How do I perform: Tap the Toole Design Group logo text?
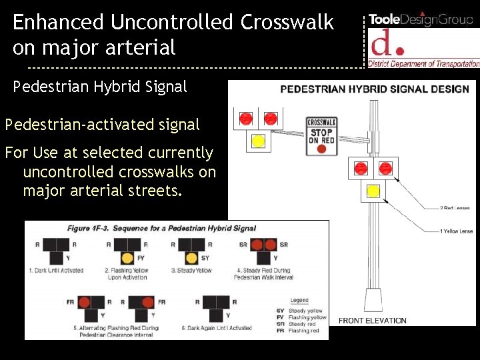coord(421,19)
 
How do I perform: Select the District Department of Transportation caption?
coord(425,64)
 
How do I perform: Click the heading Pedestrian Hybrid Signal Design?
coord(375,89)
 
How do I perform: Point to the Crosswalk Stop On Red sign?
coord(321,136)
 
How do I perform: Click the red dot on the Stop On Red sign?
coord(321,149)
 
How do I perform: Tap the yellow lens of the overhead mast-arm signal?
coord(258,141)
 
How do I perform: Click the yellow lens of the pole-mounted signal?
coord(373,191)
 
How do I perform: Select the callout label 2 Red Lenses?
coord(455,209)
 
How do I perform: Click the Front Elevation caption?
coord(372,321)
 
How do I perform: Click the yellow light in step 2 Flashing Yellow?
coord(127,258)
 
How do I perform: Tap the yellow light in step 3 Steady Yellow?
coord(192,258)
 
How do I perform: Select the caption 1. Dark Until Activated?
coord(56,271)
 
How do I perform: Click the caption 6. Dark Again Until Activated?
coord(217,328)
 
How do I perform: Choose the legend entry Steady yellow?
coord(305,311)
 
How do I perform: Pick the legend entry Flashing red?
coord(303,331)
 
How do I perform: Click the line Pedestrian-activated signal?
coord(102,124)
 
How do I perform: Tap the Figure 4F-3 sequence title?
coord(161,228)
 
